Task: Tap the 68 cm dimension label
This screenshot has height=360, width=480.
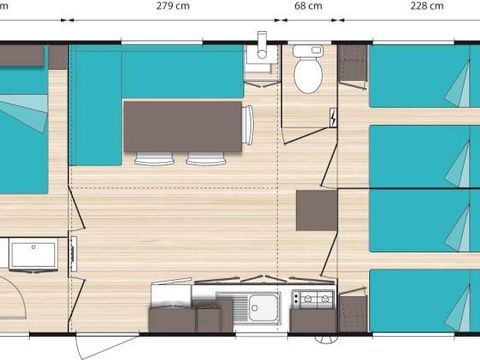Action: coord(308,5)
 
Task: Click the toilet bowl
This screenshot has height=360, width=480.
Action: coord(308,72)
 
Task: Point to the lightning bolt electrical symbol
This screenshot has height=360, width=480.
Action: coord(332,118)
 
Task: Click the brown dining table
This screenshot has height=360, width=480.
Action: coord(182,125)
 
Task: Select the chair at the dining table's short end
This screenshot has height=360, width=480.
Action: coord(250,125)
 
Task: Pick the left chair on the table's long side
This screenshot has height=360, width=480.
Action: coord(155,158)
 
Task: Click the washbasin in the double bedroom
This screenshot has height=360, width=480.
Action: coord(33,255)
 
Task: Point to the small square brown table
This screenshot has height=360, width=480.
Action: coord(316,211)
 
